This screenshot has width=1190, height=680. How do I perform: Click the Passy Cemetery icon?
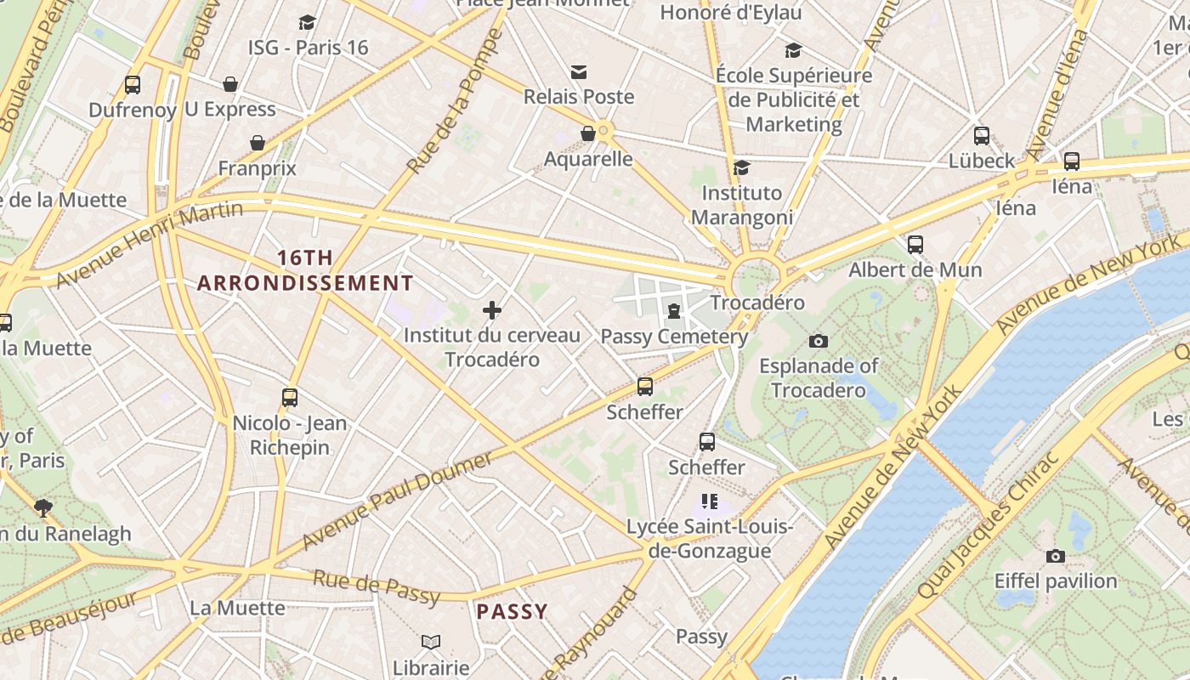tap(674, 311)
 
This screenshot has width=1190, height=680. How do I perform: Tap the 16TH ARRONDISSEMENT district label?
tap(305, 270)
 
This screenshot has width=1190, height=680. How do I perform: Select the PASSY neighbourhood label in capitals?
tap(512, 611)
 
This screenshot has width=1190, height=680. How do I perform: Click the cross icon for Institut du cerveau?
tap(492, 310)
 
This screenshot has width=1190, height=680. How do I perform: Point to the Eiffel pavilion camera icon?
tap(1056, 556)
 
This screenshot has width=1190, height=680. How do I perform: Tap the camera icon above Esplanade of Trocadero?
tap(819, 341)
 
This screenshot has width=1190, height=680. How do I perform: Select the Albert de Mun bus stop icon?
tap(915, 245)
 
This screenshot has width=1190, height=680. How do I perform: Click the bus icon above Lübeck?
tap(982, 136)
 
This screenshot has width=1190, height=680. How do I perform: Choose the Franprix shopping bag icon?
tap(258, 143)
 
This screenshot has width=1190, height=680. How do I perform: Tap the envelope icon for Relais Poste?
tap(579, 72)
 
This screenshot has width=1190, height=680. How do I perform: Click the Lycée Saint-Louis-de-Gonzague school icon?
tap(709, 501)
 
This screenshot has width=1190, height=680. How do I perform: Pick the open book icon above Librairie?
tap(431, 642)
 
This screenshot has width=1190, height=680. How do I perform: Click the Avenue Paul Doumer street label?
tap(396, 501)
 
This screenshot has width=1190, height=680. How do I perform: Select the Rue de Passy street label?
tap(377, 587)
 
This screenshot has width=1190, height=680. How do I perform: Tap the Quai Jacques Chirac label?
tap(988, 525)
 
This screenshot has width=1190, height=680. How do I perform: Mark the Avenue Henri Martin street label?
tap(149, 244)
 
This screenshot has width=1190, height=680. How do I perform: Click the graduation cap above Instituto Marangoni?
tap(742, 167)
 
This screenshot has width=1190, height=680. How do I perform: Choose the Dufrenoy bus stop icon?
tap(133, 85)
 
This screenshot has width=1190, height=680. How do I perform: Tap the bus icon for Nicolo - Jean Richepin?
tap(290, 398)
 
